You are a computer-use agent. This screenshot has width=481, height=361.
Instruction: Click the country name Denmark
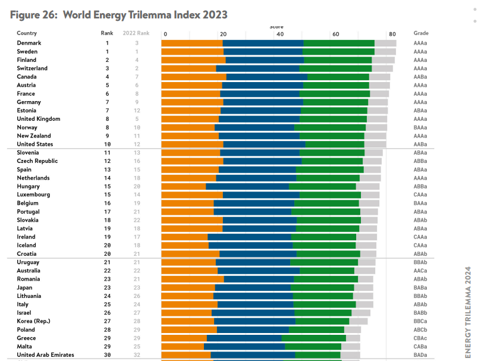click(29, 43)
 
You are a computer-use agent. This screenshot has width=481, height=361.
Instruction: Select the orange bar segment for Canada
click(194, 77)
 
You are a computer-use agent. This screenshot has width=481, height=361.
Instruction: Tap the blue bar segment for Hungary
click(247, 186)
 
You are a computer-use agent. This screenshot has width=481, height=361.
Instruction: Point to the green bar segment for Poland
click(316, 329)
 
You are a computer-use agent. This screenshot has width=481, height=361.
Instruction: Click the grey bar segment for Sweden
click(385, 52)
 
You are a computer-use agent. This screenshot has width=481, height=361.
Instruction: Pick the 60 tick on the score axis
click(335, 34)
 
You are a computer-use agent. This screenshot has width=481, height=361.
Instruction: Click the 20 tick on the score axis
click(222, 34)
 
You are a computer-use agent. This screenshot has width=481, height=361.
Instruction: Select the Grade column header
click(421, 33)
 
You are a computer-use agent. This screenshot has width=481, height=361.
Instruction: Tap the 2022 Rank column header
click(136, 33)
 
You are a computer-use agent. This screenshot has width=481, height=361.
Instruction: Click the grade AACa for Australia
click(420, 271)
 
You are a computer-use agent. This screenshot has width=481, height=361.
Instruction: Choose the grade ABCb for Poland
click(420, 329)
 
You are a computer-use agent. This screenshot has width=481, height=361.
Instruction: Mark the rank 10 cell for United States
click(108, 144)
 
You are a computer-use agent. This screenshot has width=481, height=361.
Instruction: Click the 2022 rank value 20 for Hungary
click(137, 186)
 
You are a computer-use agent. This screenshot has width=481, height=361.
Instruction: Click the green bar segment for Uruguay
click(324, 262)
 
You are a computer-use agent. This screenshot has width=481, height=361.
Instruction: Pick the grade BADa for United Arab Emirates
click(420, 355)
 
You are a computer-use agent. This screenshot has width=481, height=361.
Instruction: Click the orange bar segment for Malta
click(183, 347)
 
